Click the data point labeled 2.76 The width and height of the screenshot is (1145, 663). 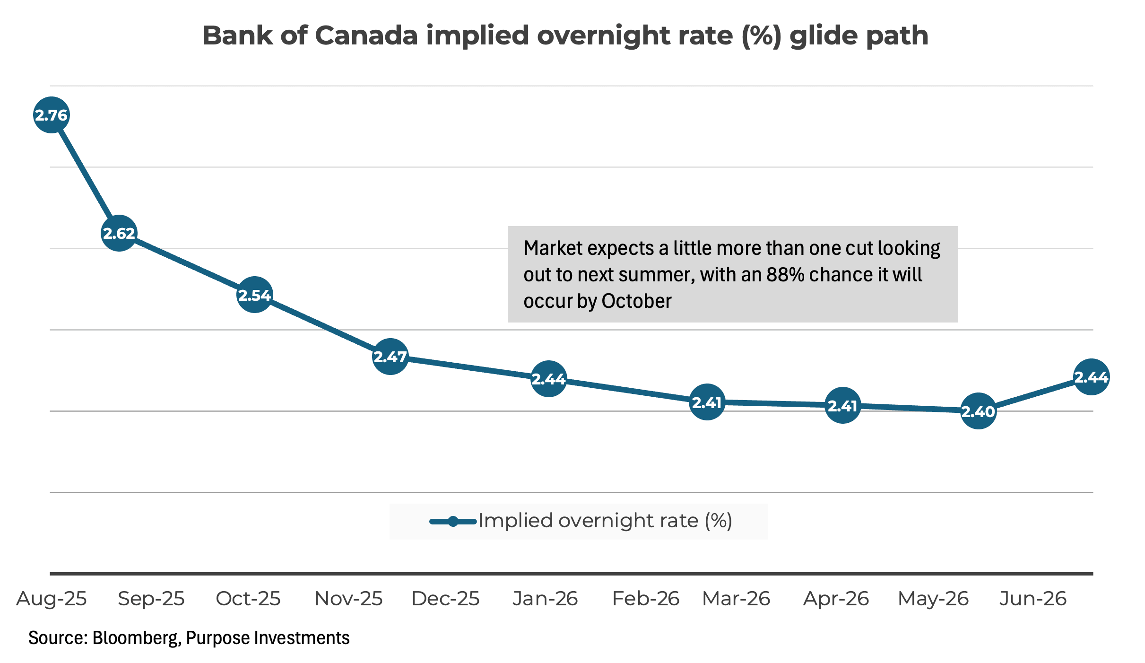[52, 115]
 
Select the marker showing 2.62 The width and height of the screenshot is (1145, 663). [119, 233]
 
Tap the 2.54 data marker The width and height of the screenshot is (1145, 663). [254, 295]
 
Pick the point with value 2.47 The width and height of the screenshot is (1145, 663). [390, 357]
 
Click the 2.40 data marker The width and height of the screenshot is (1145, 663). [978, 411]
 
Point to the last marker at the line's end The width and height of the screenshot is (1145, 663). [1091, 377]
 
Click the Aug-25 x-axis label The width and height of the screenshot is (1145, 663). [52, 599]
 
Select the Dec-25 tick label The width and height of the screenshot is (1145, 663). [445, 599]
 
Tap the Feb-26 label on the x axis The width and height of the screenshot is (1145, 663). [645, 599]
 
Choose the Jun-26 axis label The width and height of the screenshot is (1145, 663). [1032, 599]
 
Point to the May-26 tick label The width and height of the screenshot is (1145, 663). [933, 599]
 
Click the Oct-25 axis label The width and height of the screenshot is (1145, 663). [248, 599]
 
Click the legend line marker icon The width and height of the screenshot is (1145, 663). [453, 522]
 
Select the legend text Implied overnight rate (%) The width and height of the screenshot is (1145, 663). [605, 521]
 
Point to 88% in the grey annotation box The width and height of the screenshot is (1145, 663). [785, 275]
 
